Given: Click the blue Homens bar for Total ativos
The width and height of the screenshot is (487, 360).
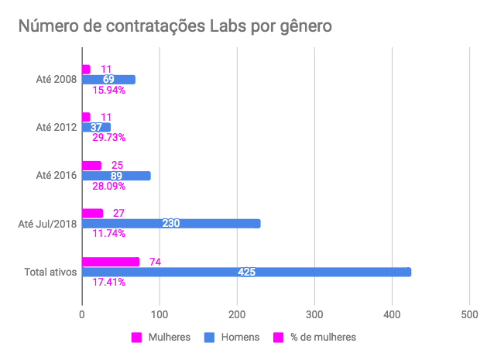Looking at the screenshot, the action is coord(247,272).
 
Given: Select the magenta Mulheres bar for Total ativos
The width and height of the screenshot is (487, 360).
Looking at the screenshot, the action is coord(111,262).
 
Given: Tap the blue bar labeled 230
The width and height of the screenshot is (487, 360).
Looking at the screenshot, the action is coord(171,223).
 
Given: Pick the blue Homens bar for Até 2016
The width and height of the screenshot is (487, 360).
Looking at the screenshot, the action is coord(116,176).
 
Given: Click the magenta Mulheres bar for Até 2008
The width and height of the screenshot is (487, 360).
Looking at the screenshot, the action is coord(87,70).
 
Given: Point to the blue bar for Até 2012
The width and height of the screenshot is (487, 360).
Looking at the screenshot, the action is coord(96,127).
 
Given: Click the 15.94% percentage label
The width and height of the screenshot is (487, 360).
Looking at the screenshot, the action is coord(108,90).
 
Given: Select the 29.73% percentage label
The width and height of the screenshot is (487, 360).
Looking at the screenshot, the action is coord(108,137).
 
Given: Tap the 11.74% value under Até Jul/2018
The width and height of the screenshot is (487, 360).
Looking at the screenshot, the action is coord(108,233).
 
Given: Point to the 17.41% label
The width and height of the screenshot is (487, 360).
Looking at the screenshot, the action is coord(108,282).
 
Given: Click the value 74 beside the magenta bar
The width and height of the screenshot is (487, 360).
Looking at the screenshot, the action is coord(156,262).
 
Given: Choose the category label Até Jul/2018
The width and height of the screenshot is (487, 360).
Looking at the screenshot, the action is coord(47,224).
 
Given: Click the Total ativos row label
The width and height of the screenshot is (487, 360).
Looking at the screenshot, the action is coord(50,272).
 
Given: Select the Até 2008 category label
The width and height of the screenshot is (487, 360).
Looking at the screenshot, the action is coord(57,79).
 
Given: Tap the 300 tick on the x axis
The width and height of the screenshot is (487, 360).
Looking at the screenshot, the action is coord(314,314).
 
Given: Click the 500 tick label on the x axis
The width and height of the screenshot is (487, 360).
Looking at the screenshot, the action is coord(469,314).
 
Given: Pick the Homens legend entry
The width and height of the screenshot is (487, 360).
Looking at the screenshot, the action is coord(231,338).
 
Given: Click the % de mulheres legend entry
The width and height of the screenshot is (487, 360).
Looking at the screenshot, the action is coord(314,338).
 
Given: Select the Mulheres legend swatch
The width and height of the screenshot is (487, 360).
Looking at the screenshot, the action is coord(136,338).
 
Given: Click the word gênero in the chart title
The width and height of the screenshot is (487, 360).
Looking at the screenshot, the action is coord(306,26).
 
